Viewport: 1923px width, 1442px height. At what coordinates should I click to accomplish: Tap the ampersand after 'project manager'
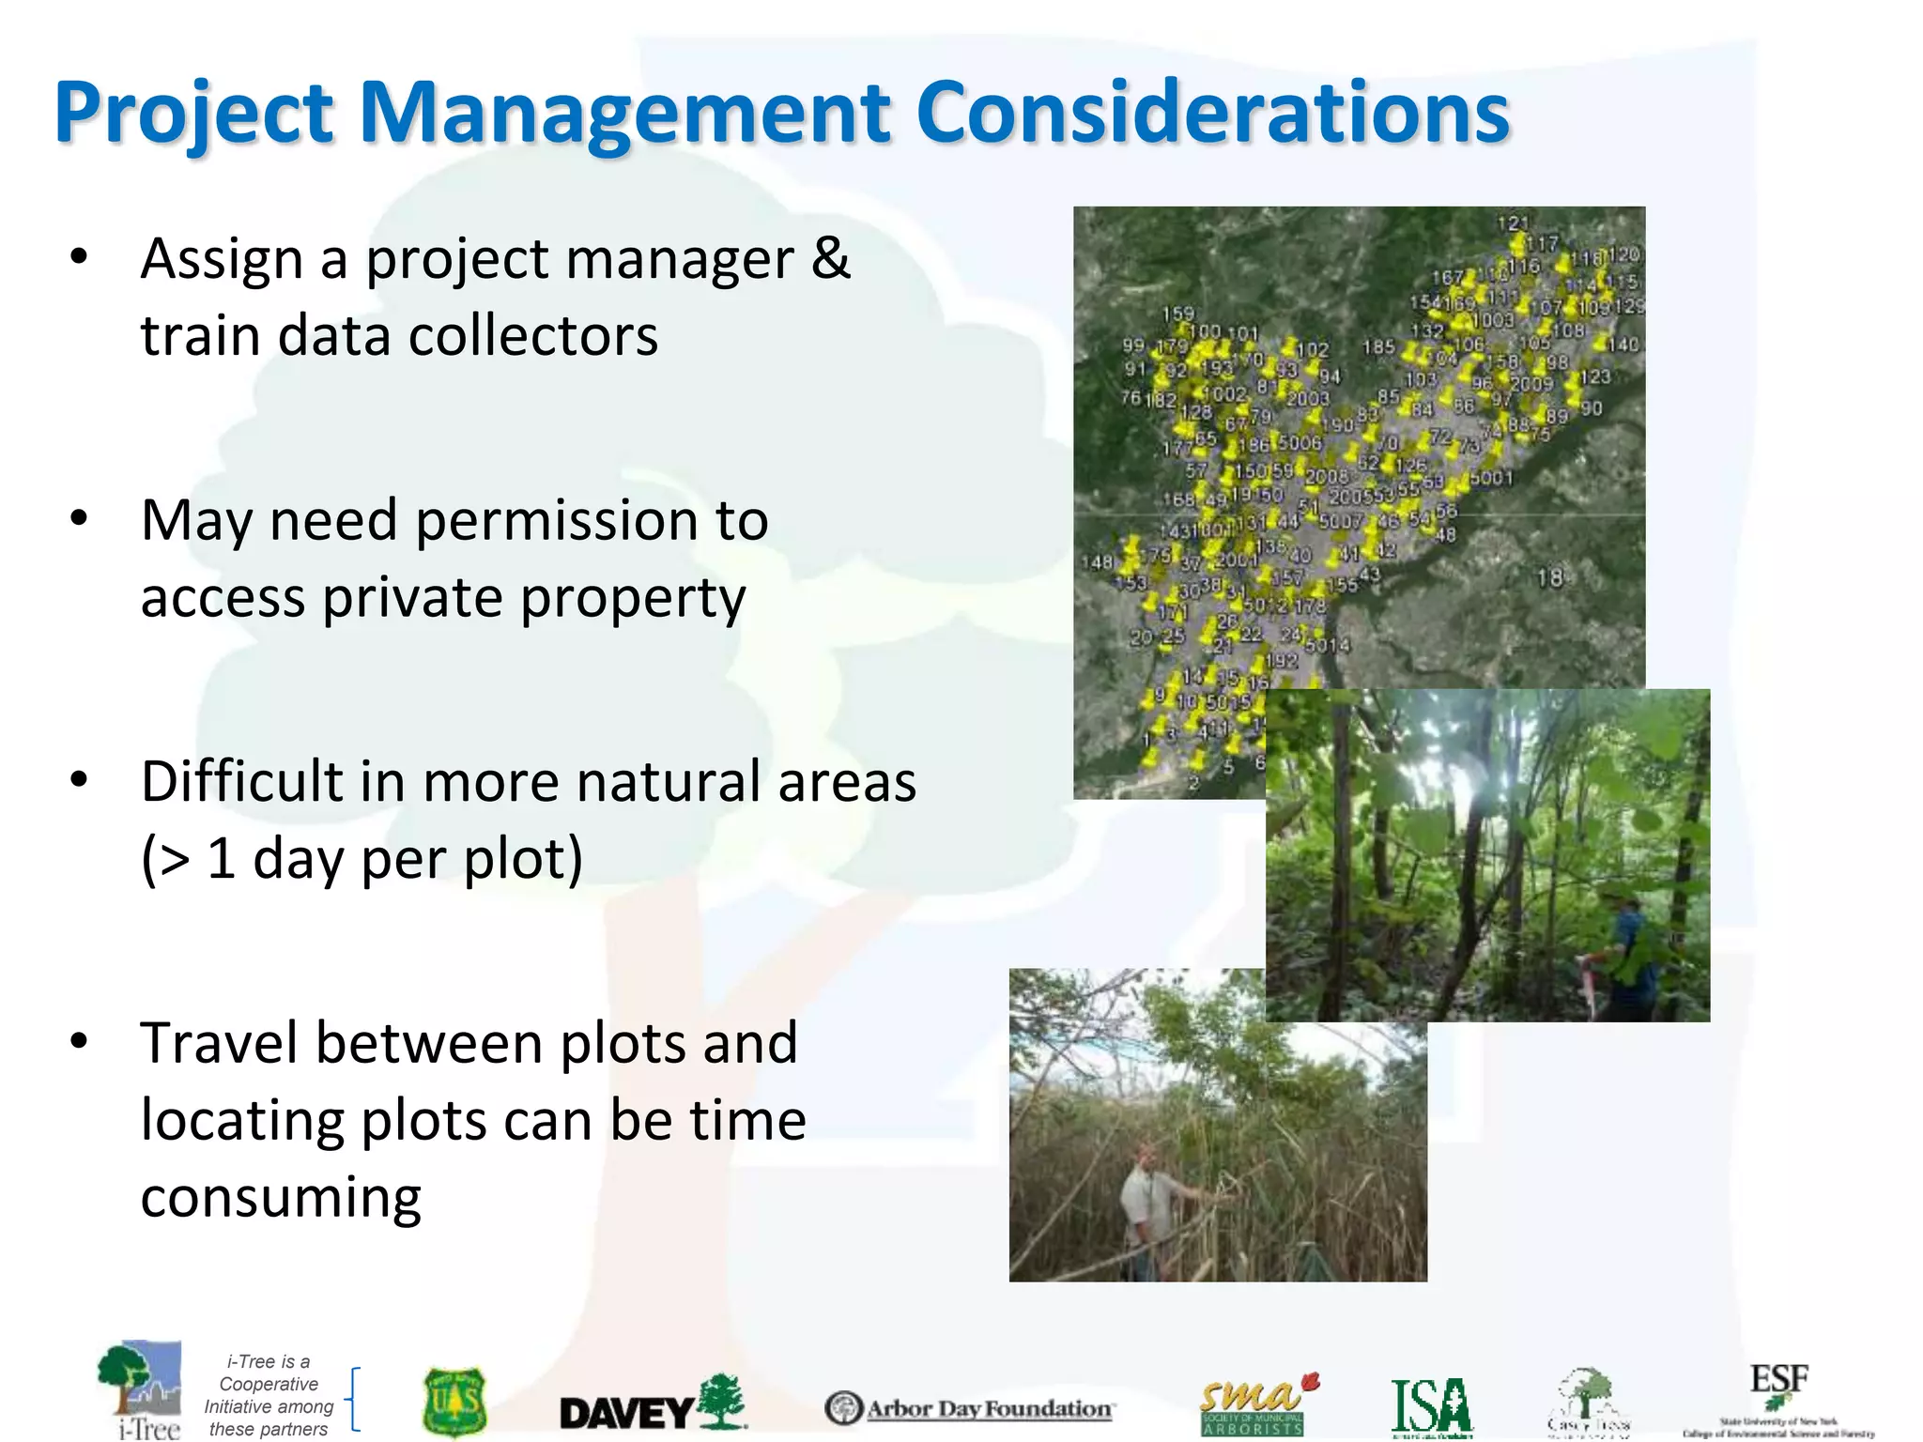point(831,259)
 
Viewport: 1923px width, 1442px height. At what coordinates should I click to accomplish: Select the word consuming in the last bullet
point(281,1198)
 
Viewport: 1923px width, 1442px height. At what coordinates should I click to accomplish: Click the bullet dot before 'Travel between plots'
point(79,1041)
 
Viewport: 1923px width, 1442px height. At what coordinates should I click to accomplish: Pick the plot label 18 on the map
point(1549,577)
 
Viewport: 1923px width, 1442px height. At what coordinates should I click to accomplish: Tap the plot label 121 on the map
point(1512,223)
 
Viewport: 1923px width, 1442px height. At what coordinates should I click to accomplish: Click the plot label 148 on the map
point(1097,562)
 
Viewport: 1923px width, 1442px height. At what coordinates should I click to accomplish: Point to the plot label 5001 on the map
point(1492,479)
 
